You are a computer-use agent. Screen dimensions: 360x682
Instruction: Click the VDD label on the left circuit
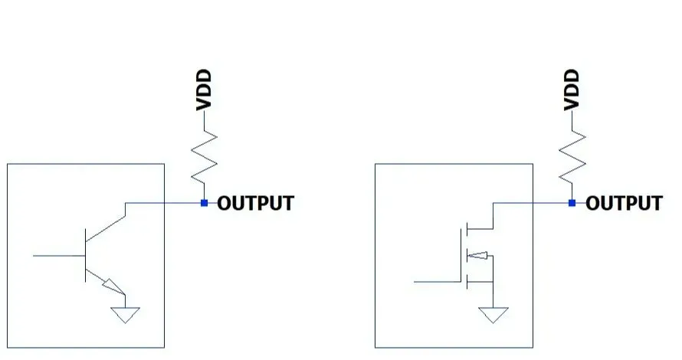coord(204,90)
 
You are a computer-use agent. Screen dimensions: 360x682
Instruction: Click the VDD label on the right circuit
coord(572,90)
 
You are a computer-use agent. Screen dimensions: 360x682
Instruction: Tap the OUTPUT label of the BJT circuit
coord(255,204)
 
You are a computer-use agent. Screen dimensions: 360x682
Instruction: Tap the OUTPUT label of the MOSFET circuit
coord(624,204)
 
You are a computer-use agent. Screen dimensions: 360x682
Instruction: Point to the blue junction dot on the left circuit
coord(204,203)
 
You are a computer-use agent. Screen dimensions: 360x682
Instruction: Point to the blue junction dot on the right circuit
coord(572,203)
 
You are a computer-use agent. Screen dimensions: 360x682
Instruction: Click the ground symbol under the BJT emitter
coord(126,314)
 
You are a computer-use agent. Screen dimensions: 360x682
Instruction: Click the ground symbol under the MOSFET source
coord(494,314)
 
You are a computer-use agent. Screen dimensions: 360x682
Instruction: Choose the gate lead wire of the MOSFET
coord(437,282)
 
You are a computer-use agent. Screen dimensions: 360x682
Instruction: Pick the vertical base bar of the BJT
coord(85,255)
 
